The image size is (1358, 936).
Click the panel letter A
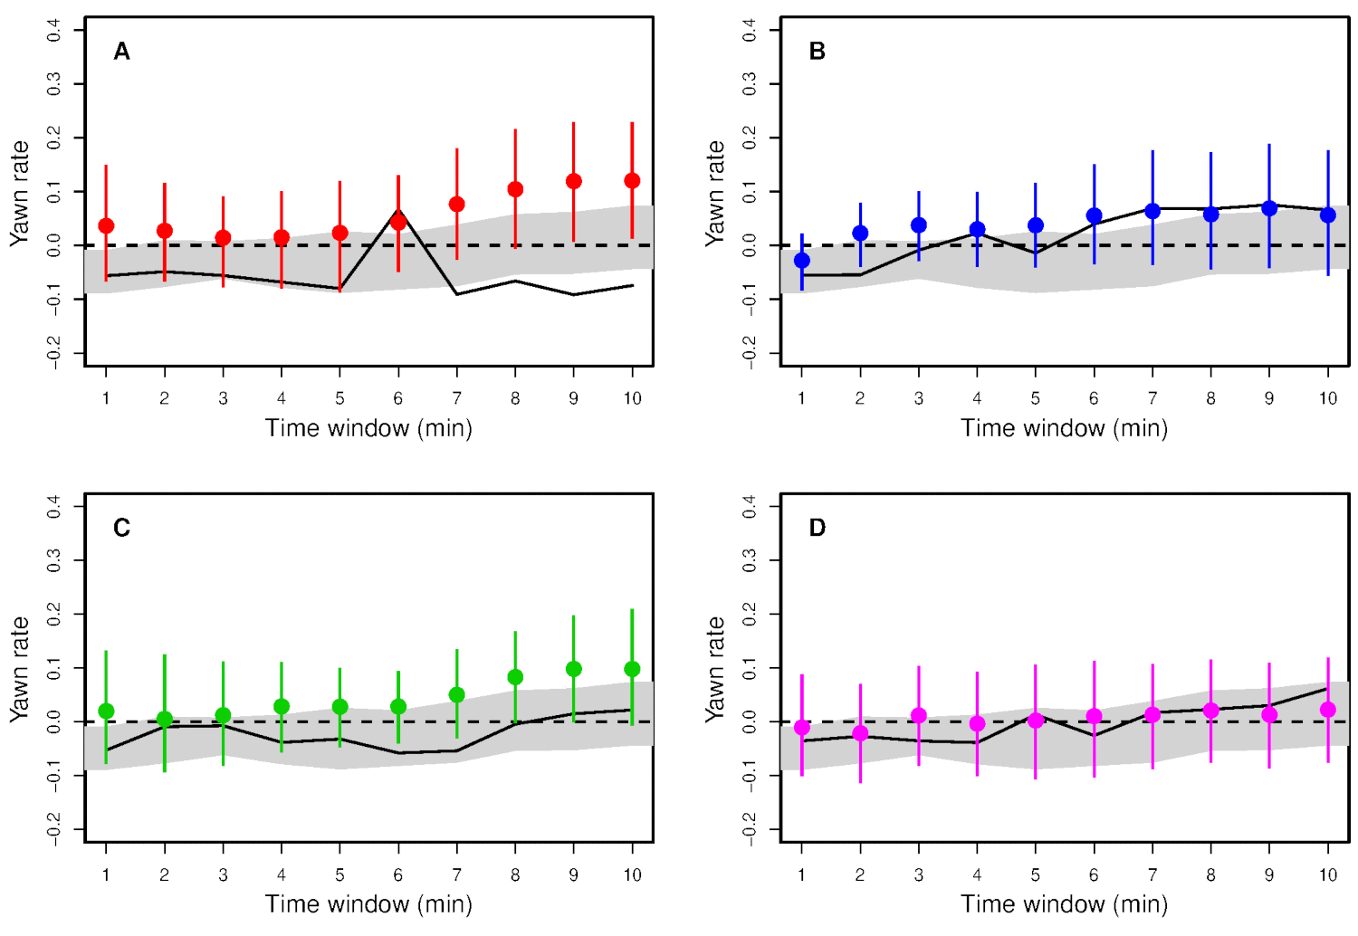[121, 52]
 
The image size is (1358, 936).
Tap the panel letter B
[817, 52]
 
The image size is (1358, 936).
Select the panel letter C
[121, 528]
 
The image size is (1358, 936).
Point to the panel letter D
[817, 528]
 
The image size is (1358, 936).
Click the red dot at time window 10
[632, 181]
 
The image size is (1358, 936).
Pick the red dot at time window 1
[106, 225]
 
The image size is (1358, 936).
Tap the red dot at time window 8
[515, 189]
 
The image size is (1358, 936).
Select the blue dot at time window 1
[801, 261]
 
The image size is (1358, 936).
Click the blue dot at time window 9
[1269, 208]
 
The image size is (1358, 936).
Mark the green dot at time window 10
[632, 669]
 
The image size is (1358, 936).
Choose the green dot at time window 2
[165, 720]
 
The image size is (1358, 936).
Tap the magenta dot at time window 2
[860, 733]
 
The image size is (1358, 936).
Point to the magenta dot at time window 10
[1328, 710]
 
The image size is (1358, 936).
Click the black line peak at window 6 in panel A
[398, 212]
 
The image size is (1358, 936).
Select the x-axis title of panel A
[368, 428]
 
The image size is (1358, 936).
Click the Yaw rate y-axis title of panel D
[715, 669]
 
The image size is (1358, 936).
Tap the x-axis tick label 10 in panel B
[1327, 398]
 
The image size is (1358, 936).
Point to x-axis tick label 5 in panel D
[1036, 875]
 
